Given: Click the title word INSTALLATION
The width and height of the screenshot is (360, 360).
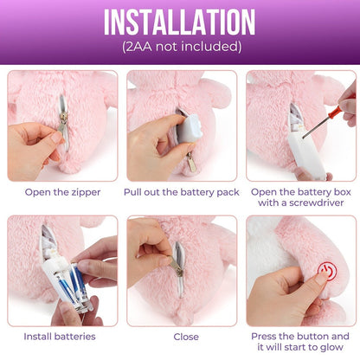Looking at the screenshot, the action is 179,22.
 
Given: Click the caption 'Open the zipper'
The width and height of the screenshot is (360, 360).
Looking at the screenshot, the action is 62,192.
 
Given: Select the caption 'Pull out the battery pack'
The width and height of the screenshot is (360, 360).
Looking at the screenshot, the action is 182,192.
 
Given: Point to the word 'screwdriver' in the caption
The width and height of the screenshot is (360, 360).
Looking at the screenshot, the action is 317,202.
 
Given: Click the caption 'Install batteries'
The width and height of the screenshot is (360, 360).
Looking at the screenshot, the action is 60,337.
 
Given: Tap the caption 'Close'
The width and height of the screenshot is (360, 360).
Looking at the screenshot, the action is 186,337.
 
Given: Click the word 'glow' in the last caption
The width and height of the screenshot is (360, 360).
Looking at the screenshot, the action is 331,347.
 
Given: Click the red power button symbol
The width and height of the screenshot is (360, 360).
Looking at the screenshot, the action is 328,271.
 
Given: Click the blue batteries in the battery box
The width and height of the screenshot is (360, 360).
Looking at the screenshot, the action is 70,286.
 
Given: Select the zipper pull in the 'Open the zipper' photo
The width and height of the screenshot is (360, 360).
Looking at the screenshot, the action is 62,123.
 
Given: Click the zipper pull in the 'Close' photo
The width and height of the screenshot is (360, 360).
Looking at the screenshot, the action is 176,265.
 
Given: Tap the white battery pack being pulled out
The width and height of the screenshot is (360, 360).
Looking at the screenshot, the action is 189,129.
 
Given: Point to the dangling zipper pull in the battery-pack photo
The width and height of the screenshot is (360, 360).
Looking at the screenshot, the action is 191,162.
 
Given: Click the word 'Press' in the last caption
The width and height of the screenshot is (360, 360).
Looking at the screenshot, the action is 264,337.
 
